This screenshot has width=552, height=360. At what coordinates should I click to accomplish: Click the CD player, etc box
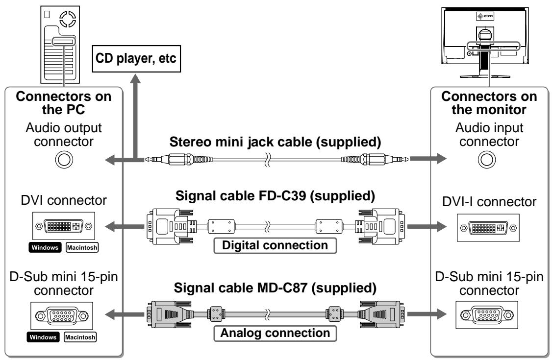pyautogui.click(x=136, y=59)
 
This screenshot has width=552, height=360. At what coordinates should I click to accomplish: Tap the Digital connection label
pyautogui.click(x=275, y=245)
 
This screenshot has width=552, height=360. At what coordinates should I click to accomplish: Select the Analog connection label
pyautogui.click(x=275, y=333)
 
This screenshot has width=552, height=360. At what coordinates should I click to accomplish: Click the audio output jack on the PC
pyautogui.click(x=64, y=160)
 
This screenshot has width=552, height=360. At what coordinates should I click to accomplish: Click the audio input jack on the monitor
pyautogui.click(x=487, y=160)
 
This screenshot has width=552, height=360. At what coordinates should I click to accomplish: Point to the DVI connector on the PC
pyautogui.click(x=64, y=226)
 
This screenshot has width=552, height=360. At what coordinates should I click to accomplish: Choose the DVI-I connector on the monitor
pyautogui.click(x=488, y=228)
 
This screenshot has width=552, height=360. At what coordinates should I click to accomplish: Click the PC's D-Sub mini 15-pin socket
pyautogui.click(x=62, y=316)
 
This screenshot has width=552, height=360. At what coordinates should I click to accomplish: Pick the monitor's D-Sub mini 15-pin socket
pyautogui.click(x=487, y=315)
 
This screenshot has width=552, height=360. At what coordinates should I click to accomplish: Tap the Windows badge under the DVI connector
pyautogui.click(x=45, y=247)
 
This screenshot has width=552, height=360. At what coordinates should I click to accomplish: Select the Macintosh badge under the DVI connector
pyautogui.click(x=82, y=247)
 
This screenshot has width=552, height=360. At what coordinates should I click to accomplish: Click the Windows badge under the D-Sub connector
pyautogui.click(x=43, y=337)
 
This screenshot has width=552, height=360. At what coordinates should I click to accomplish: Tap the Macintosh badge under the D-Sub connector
pyautogui.click(x=80, y=337)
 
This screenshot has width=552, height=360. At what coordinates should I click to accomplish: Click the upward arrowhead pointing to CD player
pyautogui.click(x=135, y=78)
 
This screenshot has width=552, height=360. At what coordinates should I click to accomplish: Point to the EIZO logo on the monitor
pyautogui.click(x=485, y=16)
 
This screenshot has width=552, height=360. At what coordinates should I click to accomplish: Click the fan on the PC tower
pyautogui.click(x=68, y=19)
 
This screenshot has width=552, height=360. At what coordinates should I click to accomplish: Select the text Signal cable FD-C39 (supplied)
pyautogui.click(x=276, y=196)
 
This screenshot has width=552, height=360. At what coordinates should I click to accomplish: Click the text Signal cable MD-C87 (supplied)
pyautogui.click(x=276, y=288)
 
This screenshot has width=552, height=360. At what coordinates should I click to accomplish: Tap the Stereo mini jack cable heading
pyautogui.click(x=276, y=142)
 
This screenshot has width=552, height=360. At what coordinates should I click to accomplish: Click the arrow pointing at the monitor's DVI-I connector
pyautogui.click(x=427, y=226)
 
